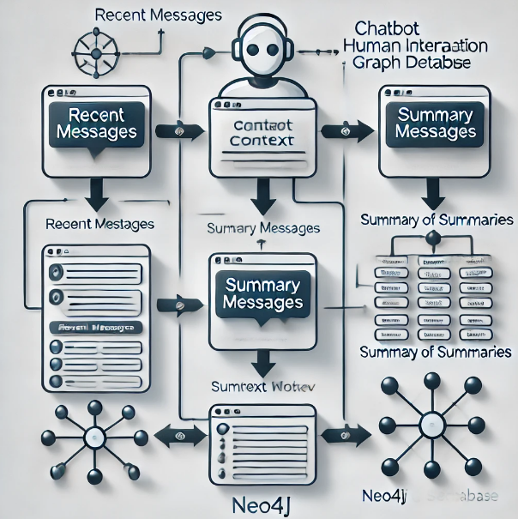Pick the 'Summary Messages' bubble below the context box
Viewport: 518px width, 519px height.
[x=262, y=293]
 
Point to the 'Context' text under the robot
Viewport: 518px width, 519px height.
[x=264, y=140]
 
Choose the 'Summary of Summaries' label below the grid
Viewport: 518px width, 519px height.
[x=436, y=353]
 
